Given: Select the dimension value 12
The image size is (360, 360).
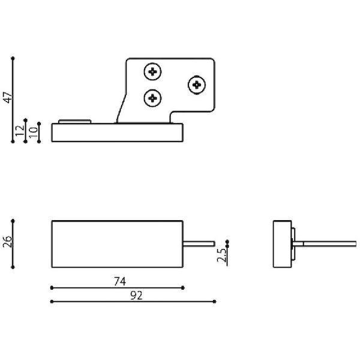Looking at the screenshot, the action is (20, 130).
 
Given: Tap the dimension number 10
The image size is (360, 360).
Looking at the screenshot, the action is (34, 133).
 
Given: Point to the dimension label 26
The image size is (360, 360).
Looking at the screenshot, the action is (7, 242).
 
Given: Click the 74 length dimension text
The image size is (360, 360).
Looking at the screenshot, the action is (120, 281).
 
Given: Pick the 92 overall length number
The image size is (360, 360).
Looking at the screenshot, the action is (136, 295).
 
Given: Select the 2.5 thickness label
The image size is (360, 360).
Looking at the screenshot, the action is (221, 255).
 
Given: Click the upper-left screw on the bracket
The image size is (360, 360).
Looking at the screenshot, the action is (152, 71).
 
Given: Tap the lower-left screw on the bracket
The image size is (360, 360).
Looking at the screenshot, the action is (152, 98).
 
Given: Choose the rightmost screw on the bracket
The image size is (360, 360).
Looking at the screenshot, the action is (197, 85).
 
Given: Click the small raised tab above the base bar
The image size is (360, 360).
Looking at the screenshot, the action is (75, 121).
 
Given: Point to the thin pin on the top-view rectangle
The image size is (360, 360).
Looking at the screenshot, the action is (199, 244).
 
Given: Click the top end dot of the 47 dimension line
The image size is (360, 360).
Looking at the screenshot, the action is (13, 58).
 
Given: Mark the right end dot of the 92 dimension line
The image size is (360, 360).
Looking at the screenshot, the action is (214, 301).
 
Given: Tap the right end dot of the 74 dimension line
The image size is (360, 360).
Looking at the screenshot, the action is (183, 287).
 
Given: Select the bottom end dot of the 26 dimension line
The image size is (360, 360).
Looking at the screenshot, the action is (13, 267).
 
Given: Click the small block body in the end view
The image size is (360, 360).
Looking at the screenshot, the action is (282, 244).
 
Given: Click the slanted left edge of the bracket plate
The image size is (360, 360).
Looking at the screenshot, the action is (121, 108).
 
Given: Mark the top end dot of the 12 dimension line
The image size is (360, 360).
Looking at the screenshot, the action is (25, 120).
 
